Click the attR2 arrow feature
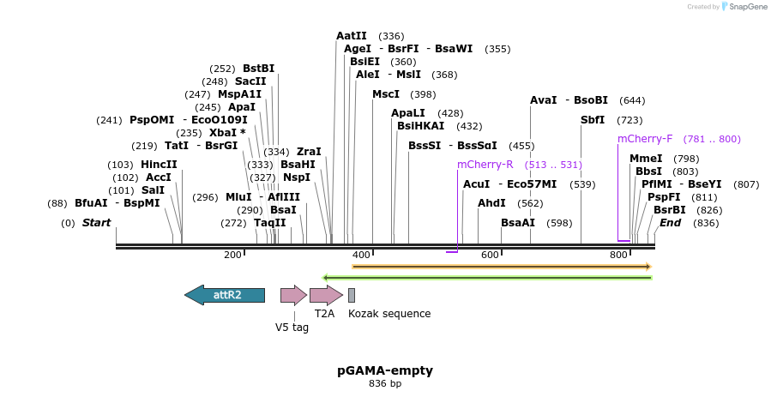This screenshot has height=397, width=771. pyautogui.click(x=225, y=295)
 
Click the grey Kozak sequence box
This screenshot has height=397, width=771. pyautogui.click(x=352, y=296)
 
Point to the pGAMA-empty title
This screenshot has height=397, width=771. pyautogui.click(x=385, y=370)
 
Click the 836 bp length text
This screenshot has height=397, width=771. pyautogui.click(x=385, y=384)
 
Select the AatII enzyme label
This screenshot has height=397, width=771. pyautogui.click(x=352, y=36)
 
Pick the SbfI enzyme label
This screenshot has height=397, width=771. pyautogui.click(x=593, y=120)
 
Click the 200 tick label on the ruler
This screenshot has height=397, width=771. pyautogui.click(x=233, y=255)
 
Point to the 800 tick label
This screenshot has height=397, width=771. pyautogui.click(x=619, y=255)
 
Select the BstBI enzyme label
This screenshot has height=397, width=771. pyautogui.click(x=258, y=69)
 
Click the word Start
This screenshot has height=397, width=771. pyautogui.click(x=97, y=223)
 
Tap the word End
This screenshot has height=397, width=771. pyautogui.click(x=671, y=223)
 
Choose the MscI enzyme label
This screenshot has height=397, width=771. pyautogui.click(x=386, y=94)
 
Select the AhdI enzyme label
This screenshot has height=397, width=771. pyautogui.click(x=491, y=203)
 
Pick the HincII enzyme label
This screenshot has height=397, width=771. pyautogui.click(x=160, y=165)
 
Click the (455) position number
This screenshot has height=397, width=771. pyautogui.click(x=521, y=146)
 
